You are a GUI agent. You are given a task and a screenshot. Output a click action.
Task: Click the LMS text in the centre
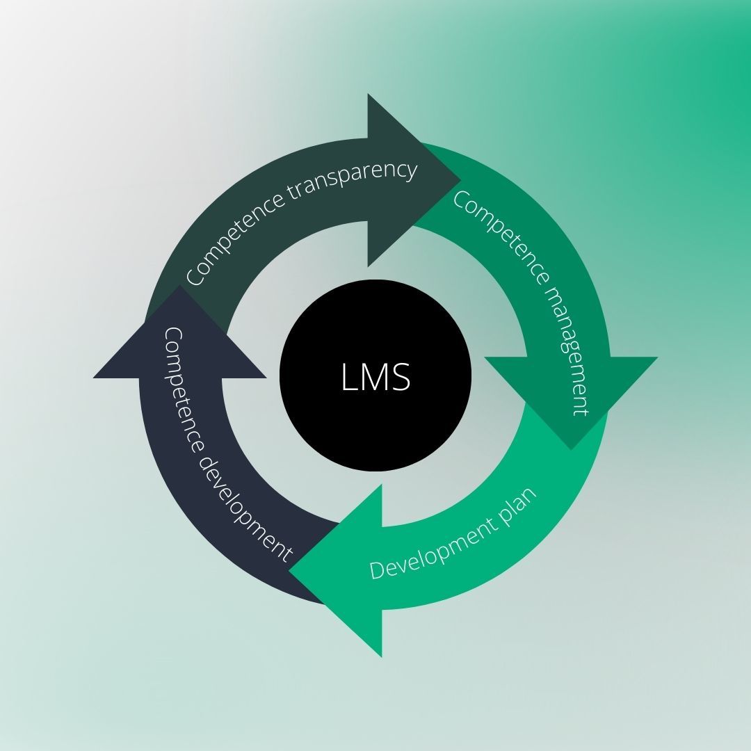point(375,375)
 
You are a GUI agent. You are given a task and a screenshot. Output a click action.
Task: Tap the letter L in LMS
point(348,376)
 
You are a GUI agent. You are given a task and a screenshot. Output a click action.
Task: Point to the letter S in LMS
point(401,376)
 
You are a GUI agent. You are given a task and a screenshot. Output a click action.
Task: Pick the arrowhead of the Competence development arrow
point(179,341)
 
